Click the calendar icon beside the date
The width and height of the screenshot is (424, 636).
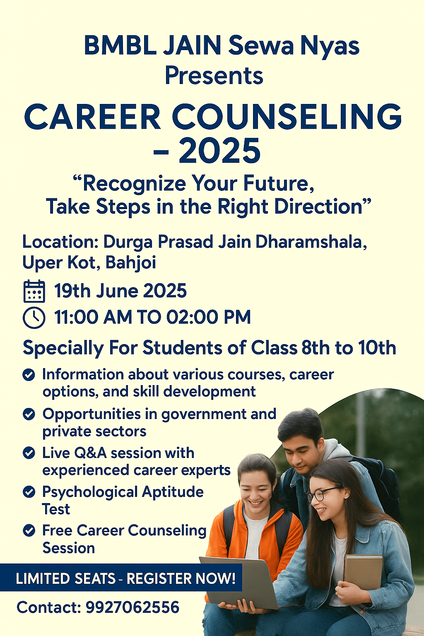coord(34,291)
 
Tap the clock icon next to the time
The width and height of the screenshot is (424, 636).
coord(34,318)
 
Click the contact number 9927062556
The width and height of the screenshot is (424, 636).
coord(132,607)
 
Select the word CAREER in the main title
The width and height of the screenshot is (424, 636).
coord(93,117)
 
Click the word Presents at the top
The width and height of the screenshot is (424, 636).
coord(214,76)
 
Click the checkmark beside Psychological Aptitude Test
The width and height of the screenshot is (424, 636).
coord(29,492)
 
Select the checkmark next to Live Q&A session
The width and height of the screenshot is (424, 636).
coord(29,453)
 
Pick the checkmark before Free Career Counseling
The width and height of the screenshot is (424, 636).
coord(29,530)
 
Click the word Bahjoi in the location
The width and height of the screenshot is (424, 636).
coord(130,263)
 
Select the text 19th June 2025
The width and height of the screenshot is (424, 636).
coord(120,291)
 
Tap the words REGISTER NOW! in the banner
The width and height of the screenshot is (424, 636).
coord(181,578)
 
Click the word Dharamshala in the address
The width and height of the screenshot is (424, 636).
coord(311,242)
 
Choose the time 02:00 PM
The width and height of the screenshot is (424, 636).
coord(209,317)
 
